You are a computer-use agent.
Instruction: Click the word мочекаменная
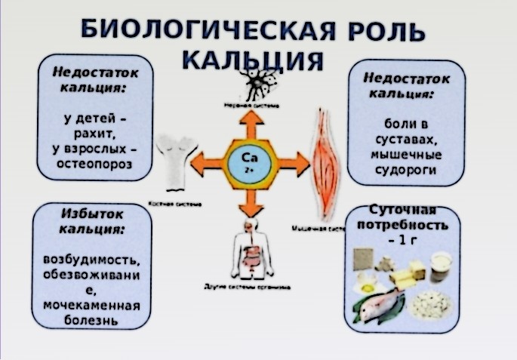tap(93, 306)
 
